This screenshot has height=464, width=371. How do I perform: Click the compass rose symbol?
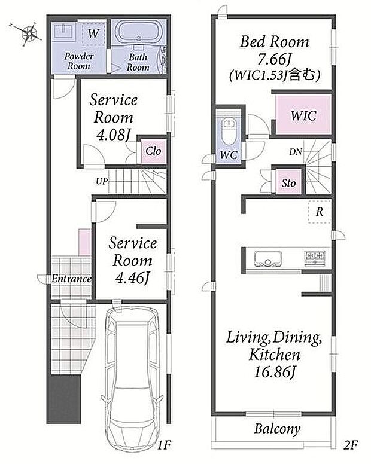pos(29,33)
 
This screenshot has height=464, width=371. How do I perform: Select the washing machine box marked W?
pos(93,33)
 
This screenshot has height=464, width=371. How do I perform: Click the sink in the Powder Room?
pos(63,30)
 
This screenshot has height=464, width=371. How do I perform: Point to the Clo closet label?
pos(153,151)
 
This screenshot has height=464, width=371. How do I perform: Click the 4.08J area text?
pos(114,135)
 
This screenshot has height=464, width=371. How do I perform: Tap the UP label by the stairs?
pos(102,181)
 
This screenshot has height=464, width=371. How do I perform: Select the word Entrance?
pos(71,279)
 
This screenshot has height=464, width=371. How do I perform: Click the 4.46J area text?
pos(132,278)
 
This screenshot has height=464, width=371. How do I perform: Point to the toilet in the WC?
pos(229,132)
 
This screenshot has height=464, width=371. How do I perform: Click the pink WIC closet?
pos(303,114)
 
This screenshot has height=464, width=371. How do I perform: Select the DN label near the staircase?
pos(295,152)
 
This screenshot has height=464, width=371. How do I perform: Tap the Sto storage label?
pos(288,183)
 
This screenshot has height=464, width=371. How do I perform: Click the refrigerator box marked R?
pos(319,212)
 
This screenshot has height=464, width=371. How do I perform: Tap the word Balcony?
pos(277,429)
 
